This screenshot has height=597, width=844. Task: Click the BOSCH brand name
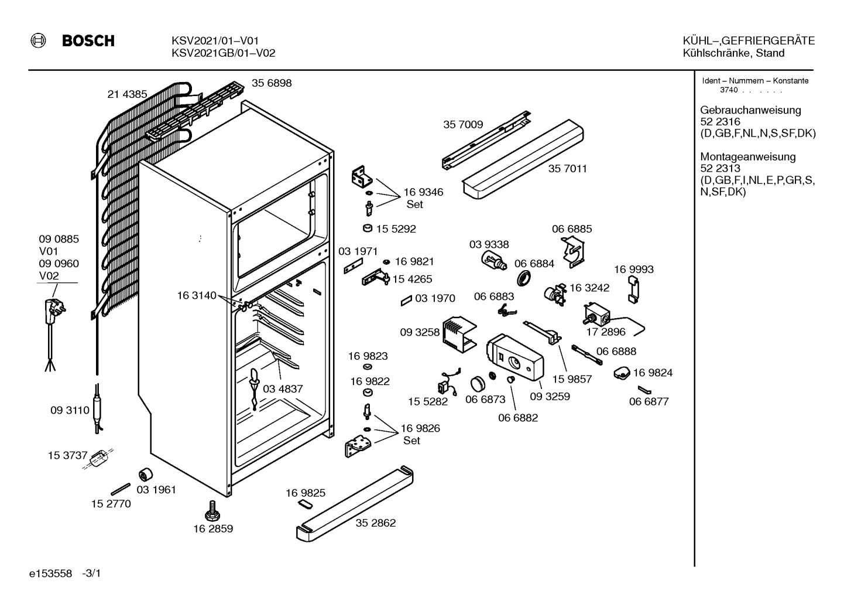(88, 41)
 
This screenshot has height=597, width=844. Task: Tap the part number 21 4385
(127, 94)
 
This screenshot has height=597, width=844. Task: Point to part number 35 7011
(567, 168)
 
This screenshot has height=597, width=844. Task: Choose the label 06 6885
(572, 228)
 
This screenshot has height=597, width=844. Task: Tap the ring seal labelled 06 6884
(523, 278)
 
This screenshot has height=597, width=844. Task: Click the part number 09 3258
(420, 332)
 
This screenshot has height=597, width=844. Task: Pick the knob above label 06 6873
(478, 384)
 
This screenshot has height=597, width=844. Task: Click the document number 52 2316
(720, 121)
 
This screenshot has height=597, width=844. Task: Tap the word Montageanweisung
(748, 156)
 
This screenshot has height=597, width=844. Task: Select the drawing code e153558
(50, 573)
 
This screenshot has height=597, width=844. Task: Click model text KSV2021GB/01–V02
(224, 53)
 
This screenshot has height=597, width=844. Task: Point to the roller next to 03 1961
(145, 475)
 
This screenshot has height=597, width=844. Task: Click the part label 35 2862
(376, 523)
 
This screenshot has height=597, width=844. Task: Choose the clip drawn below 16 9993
(634, 289)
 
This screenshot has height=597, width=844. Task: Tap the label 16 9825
(306, 493)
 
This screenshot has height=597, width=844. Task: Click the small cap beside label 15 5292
(368, 228)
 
